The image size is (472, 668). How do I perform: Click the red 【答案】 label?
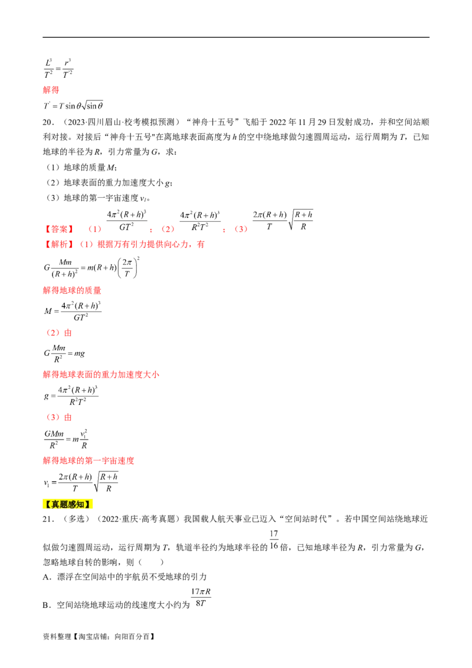pos(60,229)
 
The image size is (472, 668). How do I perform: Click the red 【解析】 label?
pos(60,244)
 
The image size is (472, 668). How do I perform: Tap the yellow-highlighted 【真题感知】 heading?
pos(68,505)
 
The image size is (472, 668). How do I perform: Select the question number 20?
pos(48,122)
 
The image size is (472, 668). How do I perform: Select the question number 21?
pos(48,519)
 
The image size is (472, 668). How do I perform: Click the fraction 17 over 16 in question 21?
pos(274,540)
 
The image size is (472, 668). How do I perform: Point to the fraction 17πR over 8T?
pos(201,597)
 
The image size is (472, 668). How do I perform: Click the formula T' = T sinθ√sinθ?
pos(73,105)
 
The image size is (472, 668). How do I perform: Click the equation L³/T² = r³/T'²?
pos(58,68)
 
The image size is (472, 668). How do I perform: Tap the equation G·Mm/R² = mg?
pos(64,353)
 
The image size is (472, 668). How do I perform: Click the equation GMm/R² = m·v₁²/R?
pos(66,439)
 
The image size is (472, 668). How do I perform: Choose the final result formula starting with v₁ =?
pos(80,482)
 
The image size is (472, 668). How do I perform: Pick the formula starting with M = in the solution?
pos(73,311)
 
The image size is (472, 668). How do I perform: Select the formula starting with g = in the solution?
pos(71,396)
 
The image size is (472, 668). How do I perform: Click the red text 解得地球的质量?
pos(72,290)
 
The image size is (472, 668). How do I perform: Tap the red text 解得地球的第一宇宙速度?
pos(88,460)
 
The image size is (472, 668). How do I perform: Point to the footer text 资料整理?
pos(57,637)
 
